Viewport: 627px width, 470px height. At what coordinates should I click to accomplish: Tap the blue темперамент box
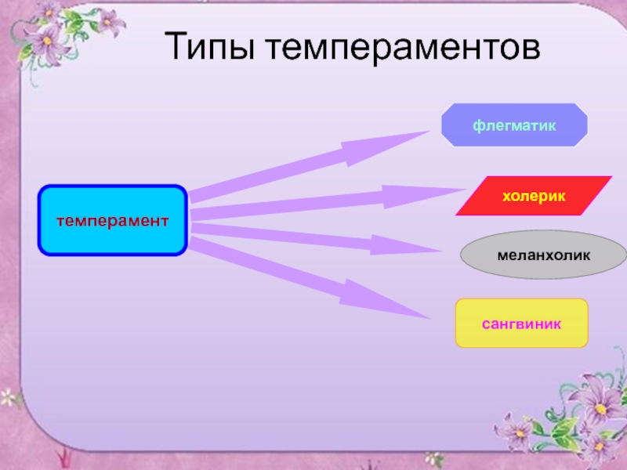[x=113, y=220]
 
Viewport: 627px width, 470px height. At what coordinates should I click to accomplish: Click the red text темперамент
[x=113, y=220]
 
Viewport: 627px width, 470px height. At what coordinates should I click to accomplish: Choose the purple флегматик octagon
[x=514, y=125]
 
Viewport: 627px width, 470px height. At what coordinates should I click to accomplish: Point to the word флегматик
[x=514, y=125]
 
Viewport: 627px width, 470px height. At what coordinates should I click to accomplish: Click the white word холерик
[x=534, y=193]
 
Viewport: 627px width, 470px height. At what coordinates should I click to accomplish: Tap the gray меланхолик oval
[x=543, y=256]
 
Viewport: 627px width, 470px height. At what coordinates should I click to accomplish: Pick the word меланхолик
[x=543, y=256]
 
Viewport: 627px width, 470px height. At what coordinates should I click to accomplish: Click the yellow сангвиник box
[x=521, y=323]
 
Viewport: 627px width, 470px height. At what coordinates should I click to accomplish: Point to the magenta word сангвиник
[x=521, y=323]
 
